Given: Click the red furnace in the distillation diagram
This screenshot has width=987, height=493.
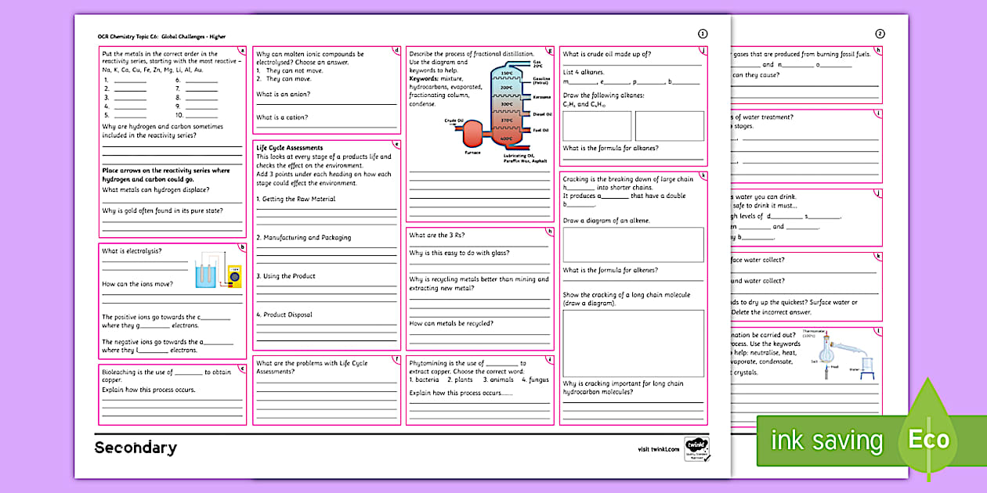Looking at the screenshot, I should [472, 135].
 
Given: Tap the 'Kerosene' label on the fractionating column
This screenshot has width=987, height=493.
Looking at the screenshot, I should [541, 97].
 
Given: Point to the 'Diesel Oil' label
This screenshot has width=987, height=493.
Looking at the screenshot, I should [541, 114].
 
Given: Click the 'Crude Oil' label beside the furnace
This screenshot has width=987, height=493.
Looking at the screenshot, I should [454, 121].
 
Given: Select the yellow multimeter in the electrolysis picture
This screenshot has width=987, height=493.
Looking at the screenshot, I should [233, 274].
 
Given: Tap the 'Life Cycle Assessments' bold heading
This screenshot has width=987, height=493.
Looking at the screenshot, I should [289, 148].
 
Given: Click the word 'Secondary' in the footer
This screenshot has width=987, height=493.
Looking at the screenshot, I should [136, 448].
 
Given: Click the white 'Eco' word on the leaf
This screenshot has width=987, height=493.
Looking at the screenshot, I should [928, 440].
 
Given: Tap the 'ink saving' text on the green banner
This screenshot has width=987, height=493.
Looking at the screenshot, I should [826, 441].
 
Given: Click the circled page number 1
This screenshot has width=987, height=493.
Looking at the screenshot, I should [702, 34].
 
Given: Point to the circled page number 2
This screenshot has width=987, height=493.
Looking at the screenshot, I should [880, 34].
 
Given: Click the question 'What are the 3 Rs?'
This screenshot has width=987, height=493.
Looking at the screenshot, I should [437, 235].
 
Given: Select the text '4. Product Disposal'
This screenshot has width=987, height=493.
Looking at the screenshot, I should [284, 315].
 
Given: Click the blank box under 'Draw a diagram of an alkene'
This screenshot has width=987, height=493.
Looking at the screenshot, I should [633, 244].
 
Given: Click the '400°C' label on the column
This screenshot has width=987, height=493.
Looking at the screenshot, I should [507, 139].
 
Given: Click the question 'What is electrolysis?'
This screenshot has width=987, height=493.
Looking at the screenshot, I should [132, 251].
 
